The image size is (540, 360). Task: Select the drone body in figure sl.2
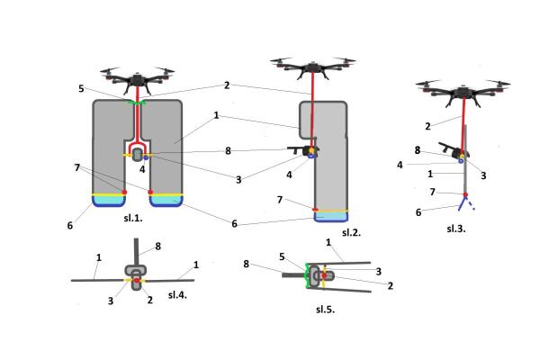coord(310,65)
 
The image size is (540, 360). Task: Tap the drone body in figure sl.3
coord(464,88)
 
